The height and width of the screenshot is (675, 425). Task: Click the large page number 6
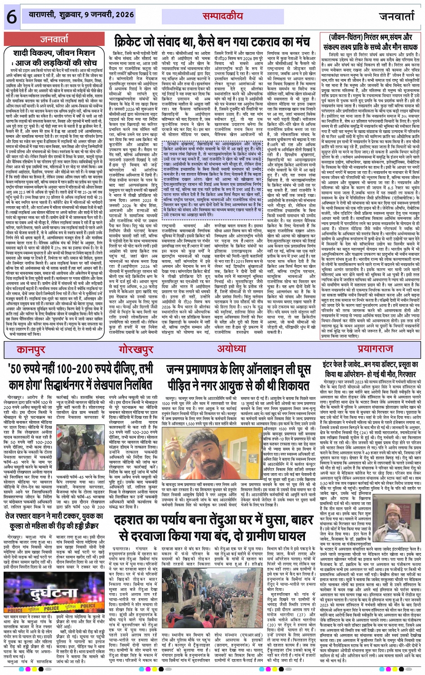tap(11, 17)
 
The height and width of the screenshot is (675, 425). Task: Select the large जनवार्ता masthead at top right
tap(397, 17)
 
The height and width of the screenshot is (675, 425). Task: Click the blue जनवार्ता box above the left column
tap(54, 39)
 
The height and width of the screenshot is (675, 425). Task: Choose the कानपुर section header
tap(31, 350)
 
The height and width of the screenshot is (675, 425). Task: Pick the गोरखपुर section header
tap(136, 350)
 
